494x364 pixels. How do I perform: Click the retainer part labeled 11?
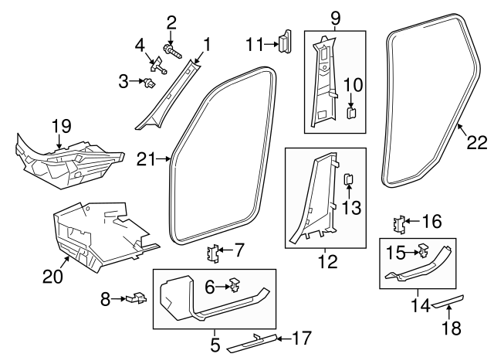285,41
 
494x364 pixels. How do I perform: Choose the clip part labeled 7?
214,253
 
